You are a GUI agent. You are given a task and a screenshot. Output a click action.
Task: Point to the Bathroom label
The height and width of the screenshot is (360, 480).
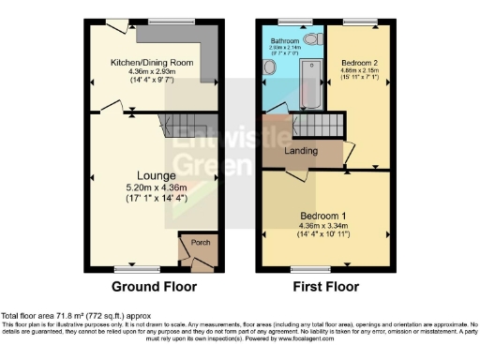[285, 42]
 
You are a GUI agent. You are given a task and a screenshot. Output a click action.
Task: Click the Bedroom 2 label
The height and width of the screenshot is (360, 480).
[359, 60]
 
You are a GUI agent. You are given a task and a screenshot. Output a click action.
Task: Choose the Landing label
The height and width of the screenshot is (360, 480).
[300, 151]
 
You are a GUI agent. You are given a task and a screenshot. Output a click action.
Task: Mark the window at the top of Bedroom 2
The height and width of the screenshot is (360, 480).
[357, 21]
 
